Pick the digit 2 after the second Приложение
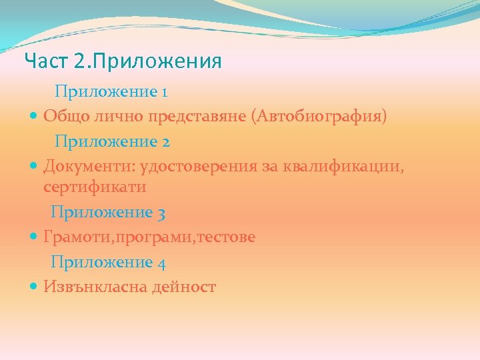click(165, 142)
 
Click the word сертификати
click(95, 188)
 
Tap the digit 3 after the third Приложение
click(161, 213)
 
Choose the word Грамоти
click(75, 237)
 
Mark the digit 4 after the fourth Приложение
click(161, 263)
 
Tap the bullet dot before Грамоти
click(34, 237)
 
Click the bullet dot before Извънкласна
click(34, 287)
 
